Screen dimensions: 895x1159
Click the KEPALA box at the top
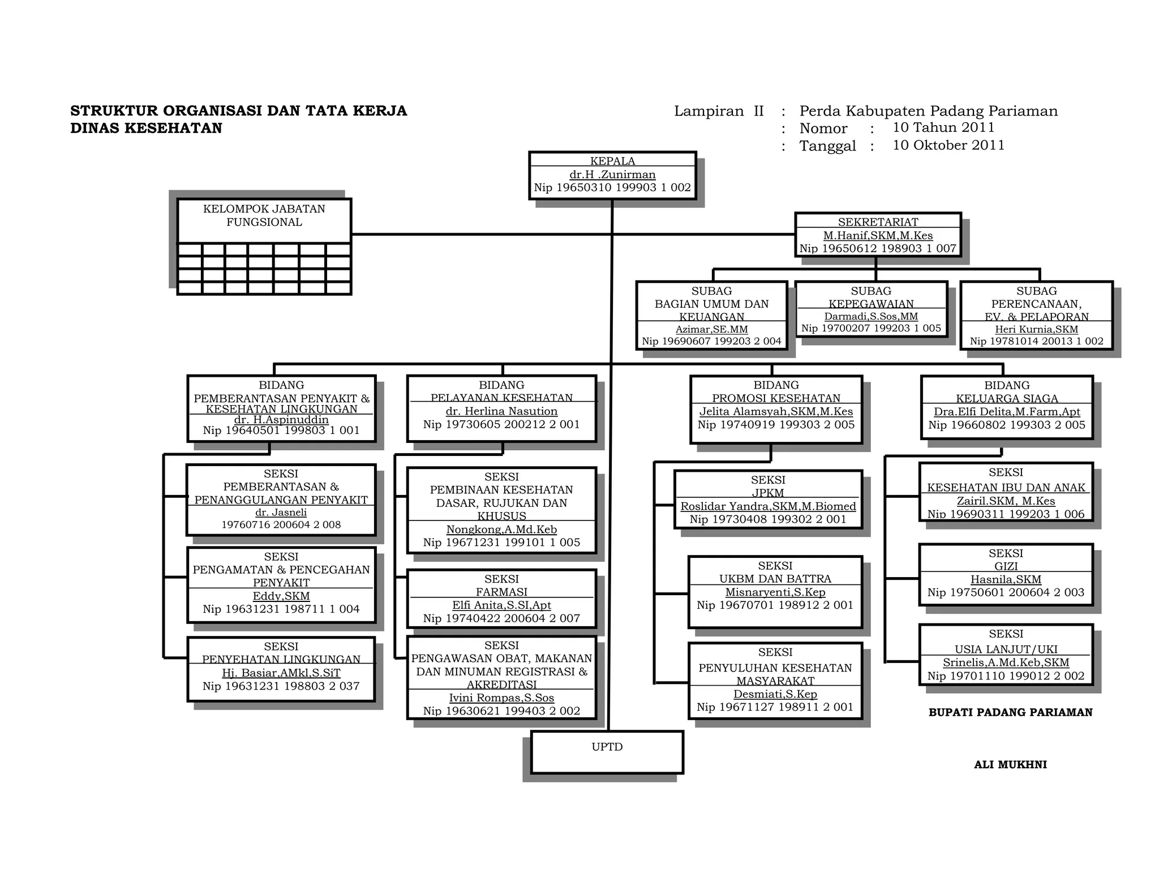[x=612, y=175]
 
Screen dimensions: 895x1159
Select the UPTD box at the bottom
[x=607, y=752]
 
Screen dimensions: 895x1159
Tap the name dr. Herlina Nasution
[x=501, y=411]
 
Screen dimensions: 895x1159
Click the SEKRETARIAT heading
[x=878, y=222]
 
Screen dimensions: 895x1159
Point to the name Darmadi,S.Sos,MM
[x=871, y=316]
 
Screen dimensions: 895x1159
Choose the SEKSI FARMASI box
[x=501, y=599]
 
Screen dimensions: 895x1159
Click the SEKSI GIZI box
[x=1006, y=574]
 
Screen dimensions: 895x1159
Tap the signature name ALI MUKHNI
[x=1010, y=765]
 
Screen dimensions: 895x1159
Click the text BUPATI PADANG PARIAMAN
[x=1010, y=713]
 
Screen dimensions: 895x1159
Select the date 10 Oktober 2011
[x=948, y=145]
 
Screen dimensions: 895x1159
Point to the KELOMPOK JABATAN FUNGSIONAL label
[x=264, y=216]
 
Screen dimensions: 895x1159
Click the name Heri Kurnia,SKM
[x=1036, y=329]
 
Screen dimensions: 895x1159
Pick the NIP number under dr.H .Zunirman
[x=612, y=188]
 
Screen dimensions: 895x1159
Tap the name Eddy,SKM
[x=281, y=596]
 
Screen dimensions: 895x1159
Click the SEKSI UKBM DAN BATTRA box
[x=775, y=591]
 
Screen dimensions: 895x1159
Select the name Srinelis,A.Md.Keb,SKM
[x=1006, y=662]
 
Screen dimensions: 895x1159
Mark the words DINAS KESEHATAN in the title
[x=146, y=128]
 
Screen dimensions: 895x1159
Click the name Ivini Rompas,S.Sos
[x=501, y=698]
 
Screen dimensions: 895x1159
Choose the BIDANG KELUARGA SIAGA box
[x=1007, y=407]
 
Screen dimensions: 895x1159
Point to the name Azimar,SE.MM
[x=711, y=329]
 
